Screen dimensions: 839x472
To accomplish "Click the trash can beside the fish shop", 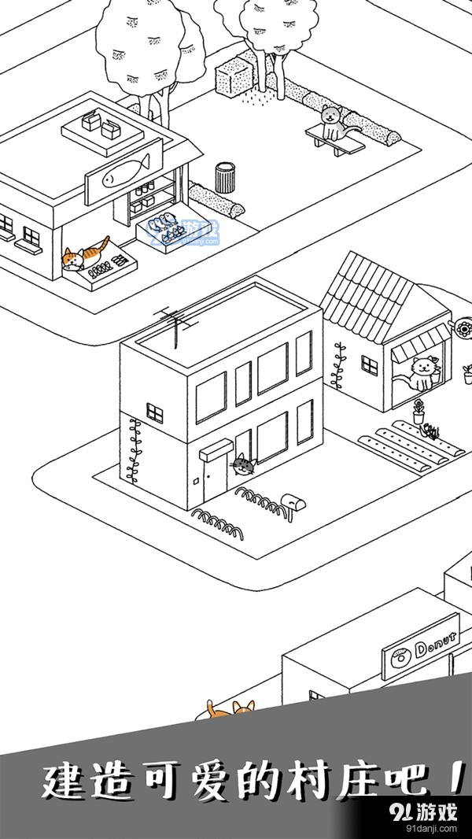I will click(x=225, y=178).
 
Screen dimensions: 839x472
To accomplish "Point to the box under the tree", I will click(x=234, y=74).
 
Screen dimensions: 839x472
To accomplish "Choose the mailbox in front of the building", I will click(x=294, y=501).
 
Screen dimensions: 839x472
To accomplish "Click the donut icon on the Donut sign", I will click(x=398, y=656).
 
